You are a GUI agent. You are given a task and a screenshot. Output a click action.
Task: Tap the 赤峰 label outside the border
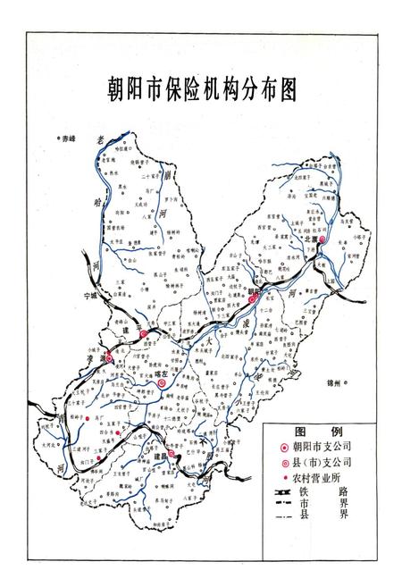pos(68,138)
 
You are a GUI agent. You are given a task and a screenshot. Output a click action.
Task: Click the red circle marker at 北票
pos(324,239)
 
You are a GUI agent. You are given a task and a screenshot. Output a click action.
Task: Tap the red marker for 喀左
pos(161,383)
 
